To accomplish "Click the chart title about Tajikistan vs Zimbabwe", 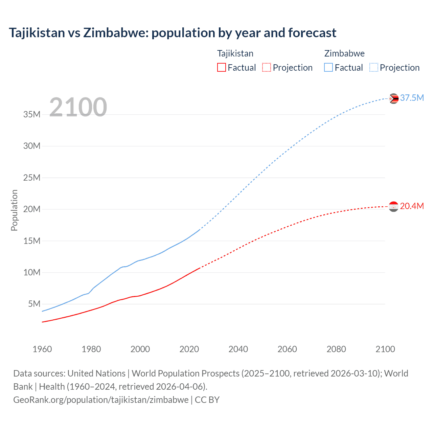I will click(x=173, y=33).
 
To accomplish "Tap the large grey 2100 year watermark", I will click(x=78, y=107).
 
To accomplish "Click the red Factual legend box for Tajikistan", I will click(x=221, y=68).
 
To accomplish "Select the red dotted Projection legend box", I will click(x=267, y=68).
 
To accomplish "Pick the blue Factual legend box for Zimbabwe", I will click(x=328, y=68).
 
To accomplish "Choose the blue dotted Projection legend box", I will click(x=374, y=68).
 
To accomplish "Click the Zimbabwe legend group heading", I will click(x=344, y=53).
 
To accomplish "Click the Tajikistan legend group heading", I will click(x=235, y=53).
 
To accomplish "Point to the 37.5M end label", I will click(x=412, y=98).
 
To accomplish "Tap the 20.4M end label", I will click(x=412, y=206).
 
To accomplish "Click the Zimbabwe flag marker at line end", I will click(x=393, y=98).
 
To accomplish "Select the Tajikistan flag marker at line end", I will click(x=393, y=206).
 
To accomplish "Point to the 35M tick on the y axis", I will click(x=32, y=115).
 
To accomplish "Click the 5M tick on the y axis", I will click(x=34, y=304).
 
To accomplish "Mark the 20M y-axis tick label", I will click(x=32, y=209).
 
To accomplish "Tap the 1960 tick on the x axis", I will click(x=42, y=349).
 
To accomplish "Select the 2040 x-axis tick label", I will click(x=238, y=349).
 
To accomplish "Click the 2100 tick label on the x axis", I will click(x=385, y=349).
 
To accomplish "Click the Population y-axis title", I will click(x=14, y=210).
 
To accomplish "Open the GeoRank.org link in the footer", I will click(x=101, y=400).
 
